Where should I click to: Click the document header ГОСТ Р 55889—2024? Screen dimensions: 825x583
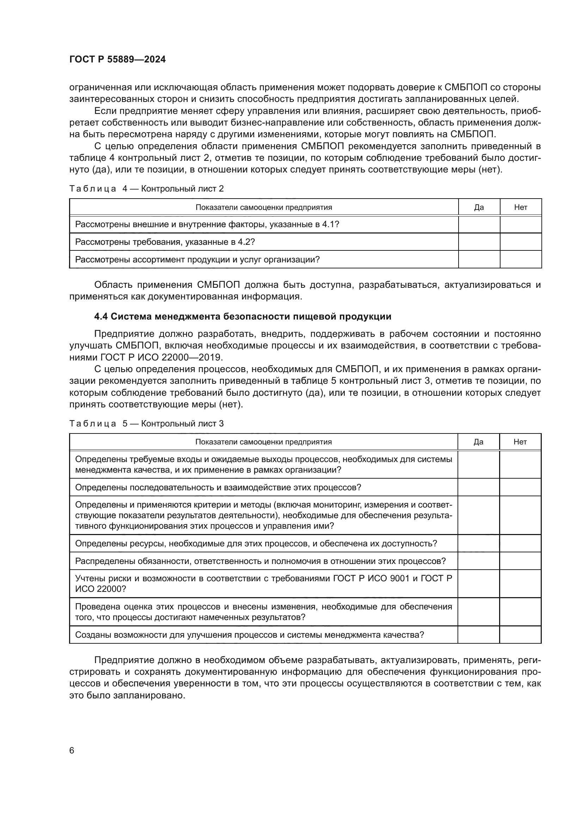[117, 60]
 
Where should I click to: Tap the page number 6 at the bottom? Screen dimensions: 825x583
[72, 750]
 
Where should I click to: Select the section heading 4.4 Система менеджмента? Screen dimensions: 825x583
[243, 316]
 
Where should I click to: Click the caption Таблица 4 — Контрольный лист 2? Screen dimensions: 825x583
[147, 189]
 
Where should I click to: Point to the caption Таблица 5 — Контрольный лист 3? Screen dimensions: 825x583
[147, 424]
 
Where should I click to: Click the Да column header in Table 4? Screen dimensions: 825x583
[479, 207]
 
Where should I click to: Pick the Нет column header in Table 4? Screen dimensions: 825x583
[521, 207]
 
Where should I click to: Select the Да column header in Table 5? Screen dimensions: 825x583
[478, 442]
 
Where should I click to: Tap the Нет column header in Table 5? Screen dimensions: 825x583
[520, 442]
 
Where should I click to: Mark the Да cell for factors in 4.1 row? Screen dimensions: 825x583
[479, 225]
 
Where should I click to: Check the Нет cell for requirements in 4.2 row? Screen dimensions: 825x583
[521, 242]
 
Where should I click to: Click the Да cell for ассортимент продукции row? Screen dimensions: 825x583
[479, 260]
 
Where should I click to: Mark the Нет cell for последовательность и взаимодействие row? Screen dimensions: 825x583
[520, 487]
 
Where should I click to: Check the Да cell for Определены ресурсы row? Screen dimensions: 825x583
[478, 543]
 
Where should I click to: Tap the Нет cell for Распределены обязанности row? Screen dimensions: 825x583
[520, 561]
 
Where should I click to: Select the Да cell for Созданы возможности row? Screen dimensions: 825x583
[478, 635]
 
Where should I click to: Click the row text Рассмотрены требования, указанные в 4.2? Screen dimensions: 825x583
[165, 242]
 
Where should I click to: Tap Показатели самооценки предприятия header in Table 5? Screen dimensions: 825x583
[264, 442]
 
